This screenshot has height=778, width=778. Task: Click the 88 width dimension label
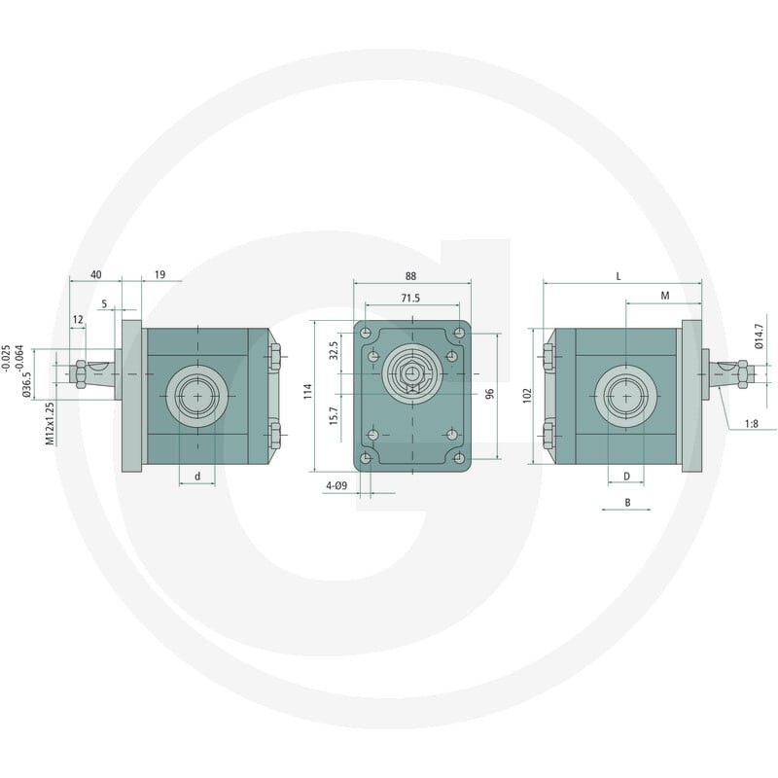tap(410, 276)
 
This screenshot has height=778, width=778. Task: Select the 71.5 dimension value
tap(410, 298)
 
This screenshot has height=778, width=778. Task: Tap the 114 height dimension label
tap(307, 392)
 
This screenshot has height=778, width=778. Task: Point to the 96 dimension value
tap(490, 394)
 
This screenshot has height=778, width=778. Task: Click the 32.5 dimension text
tap(334, 350)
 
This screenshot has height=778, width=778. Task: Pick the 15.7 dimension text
tap(334, 416)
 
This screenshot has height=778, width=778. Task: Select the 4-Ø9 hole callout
tap(336, 485)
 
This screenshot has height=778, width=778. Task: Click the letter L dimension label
tap(619, 276)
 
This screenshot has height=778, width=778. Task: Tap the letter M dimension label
tap(665, 296)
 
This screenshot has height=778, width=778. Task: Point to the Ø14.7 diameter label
tap(760, 336)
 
